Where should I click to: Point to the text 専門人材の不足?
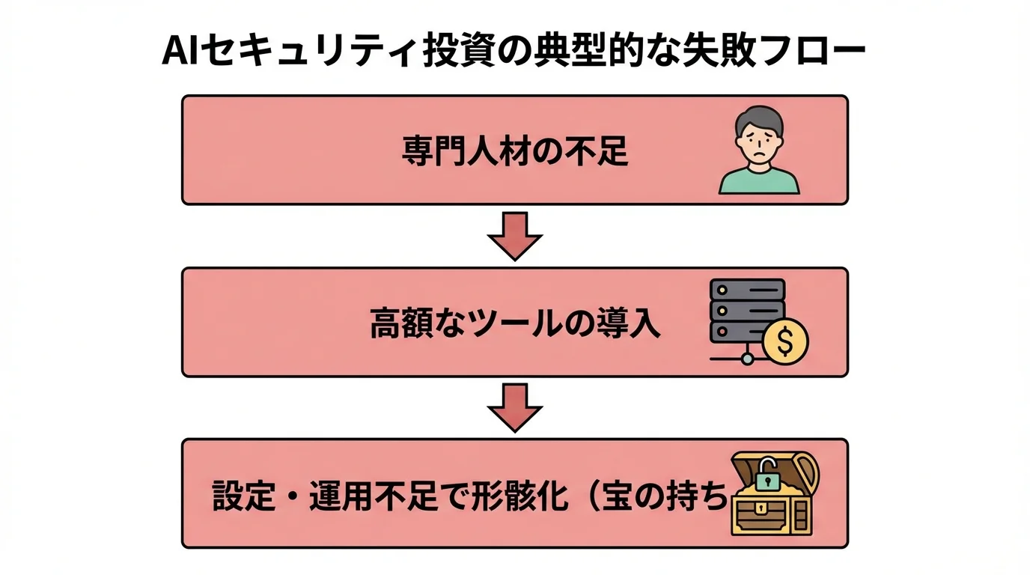click(515, 151)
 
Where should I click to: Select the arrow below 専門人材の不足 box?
click(515, 236)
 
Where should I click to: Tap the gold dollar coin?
click(785, 342)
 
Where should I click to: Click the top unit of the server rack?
click(747, 289)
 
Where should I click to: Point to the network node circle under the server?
click(747, 359)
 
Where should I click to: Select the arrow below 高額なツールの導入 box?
click(515, 407)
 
